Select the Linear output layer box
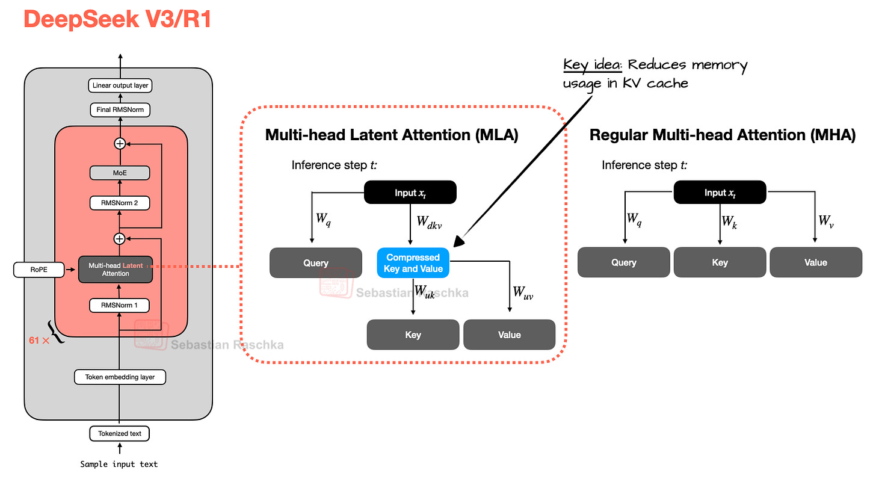pos(119,85)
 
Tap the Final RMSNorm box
pos(119,110)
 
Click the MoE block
pos(119,173)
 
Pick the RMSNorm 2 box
pos(119,203)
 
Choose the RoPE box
pos(39,270)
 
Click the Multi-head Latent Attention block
pos(116,269)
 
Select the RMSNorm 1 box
pos(119,306)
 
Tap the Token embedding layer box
pos(119,377)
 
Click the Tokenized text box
pos(119,433)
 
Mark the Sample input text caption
pos(119,464)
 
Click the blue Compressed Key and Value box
pos(413,263)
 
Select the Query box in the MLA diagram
pos(315,263)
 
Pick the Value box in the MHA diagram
pos(815,262)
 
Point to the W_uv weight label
pos(523,293)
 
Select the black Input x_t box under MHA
pos(720,193)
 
